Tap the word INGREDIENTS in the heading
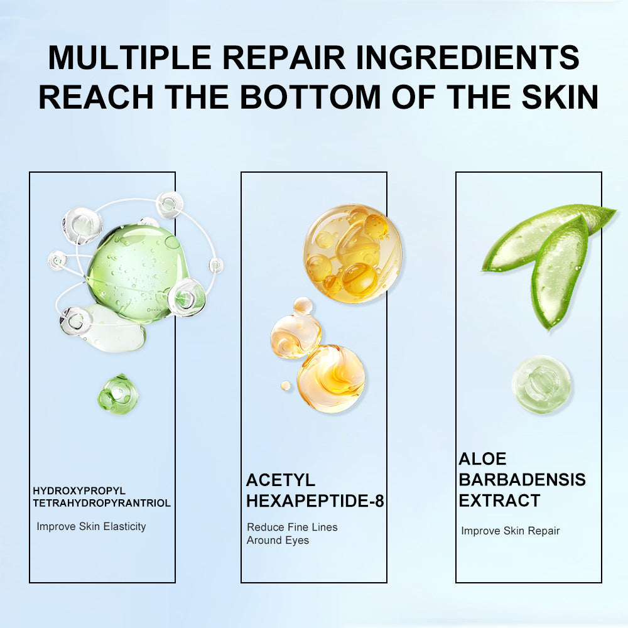pos(467,57)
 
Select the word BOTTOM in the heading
pos(310,97)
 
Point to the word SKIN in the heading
pos(560,97)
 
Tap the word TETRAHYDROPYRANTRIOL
pos(102,502)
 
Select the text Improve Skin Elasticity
pos(91,526)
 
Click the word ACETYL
pos(280,480)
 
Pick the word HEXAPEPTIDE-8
pos(315,501)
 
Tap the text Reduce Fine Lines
pos(293,527)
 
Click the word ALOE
pos(482,458)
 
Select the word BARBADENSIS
pos(522,479)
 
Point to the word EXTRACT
pos(499,501)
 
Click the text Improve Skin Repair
pos(510,531)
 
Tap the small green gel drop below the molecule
pos(118,394)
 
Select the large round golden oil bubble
pos(352,254)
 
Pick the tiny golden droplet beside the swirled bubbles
pos(286,386)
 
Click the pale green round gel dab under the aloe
pos(541,384)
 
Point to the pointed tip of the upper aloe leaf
pos(615,210)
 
